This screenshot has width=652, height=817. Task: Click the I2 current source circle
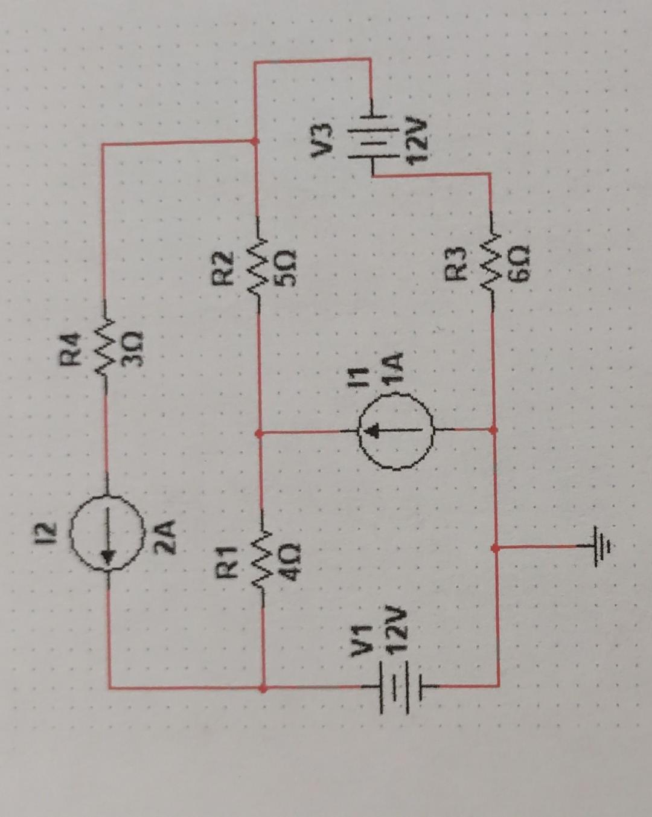click(108, 533)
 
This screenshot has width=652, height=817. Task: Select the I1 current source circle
click(395, 430)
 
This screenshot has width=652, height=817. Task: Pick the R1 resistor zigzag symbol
click(263, 559)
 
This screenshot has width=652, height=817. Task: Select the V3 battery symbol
click(371, 145)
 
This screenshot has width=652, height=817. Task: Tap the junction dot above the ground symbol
click(495, 548)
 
